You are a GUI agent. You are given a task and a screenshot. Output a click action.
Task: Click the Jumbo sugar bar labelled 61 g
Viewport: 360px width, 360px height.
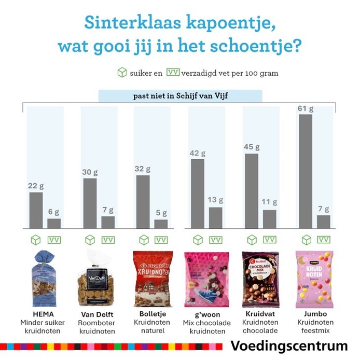(x=306, y=171)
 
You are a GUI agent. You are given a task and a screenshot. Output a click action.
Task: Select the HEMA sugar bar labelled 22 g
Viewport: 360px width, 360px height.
(x=36, y=210)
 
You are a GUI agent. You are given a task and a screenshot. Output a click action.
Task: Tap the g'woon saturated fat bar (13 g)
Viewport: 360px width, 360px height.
(x=216, y=217)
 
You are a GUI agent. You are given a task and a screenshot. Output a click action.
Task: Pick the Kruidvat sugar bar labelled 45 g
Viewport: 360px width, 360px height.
(x=252, y=191)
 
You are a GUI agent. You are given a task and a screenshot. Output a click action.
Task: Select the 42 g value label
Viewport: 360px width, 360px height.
(x=198, y=154)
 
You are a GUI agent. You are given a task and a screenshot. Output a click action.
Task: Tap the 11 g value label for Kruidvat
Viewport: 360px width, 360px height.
(x=270, y=202)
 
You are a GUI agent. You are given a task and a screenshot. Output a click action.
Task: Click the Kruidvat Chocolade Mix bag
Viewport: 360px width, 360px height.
(x=260, y=279)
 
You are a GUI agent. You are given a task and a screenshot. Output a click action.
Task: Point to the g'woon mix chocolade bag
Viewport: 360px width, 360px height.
(x=206, y=279)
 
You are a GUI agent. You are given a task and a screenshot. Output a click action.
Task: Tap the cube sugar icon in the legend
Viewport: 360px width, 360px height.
(x=122, y=73)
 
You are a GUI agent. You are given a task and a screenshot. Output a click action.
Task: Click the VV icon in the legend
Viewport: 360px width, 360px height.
(x=173, y=73)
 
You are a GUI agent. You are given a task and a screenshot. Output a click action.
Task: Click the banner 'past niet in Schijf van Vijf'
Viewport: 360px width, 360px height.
(x=180, y=96)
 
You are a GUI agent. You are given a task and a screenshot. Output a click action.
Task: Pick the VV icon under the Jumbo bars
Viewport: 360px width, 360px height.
(x=324, y=240)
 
